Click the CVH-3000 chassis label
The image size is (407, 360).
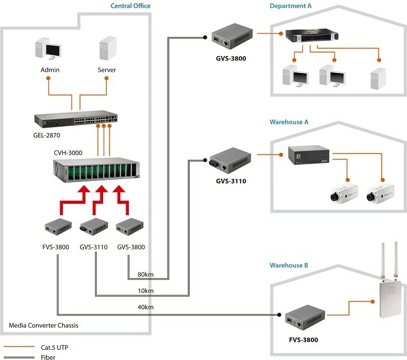(68, 153)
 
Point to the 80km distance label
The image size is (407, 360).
(146, 275)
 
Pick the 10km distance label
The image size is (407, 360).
(146, 291)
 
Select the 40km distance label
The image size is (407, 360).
(146, 307)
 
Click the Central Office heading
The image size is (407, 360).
(130, 6)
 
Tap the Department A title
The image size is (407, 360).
(290, 6)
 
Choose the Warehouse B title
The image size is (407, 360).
(289, 266)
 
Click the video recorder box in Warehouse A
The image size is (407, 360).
(308, 155)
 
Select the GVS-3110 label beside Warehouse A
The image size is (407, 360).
(231, 181)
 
